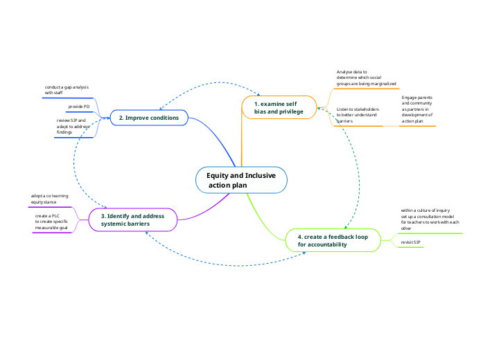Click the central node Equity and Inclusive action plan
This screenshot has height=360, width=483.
pyautogui.click(x=241, y=180)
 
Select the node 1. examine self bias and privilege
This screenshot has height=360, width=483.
pyautogui.click(x=279, y=107)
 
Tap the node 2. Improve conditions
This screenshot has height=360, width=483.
pyautogui.click(x=149, y=118)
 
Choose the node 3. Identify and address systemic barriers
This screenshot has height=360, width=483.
pyautogui.click(x=133, y=220)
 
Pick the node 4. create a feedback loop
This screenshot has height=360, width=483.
pyautogui.click(x=333, y=240)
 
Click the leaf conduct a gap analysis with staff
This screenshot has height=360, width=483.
pyautogui.click(x=67, y=89)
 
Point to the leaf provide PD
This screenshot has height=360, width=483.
pyautogui.click(x=78, y=107)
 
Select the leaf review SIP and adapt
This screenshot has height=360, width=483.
pyautogui.click(x=73, y=126)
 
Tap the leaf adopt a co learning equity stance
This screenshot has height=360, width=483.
pyautogui.click(x=49, y=199)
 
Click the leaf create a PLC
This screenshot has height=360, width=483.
pyautogui.click(x=51, y=222)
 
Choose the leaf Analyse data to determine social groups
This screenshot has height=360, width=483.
pyautogui.click(x=366, y=78)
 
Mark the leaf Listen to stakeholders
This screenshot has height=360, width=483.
pyautogui.click(x=358, y=115)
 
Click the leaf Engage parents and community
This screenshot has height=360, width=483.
pyautogui.click(x=417, y=109)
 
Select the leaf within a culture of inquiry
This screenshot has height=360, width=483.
pyautogui.click(x=430, y=218)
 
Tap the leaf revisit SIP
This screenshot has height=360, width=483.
pyautogui.click(x=411, y=242)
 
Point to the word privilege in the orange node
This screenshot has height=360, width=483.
pyautogui.click(x=289, y=111)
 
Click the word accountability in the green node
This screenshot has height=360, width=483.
pyautogui.click(x=322, y=244)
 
